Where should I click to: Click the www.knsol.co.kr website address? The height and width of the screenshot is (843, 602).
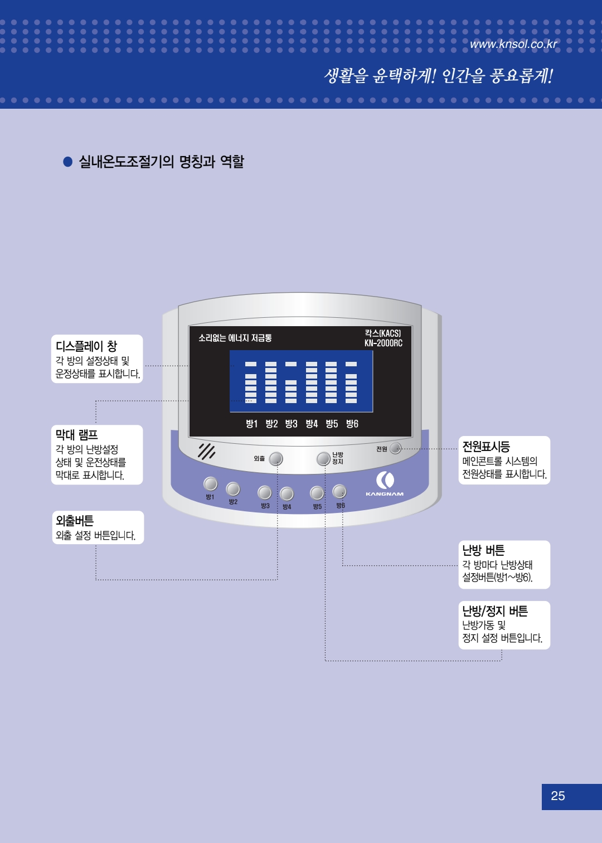513,44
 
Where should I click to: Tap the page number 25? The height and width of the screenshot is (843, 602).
558,796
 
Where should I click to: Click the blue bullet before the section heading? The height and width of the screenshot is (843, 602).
68,162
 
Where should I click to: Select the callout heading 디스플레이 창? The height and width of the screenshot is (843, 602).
86,346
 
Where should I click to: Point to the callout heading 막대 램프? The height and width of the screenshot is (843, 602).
77,434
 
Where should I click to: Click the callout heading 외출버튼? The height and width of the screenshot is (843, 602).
75,521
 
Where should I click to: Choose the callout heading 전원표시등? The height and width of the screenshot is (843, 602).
486,447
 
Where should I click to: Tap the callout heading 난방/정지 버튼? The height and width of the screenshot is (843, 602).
495,611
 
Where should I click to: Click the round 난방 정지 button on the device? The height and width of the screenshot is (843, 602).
323,458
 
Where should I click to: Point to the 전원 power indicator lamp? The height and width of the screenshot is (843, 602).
395,448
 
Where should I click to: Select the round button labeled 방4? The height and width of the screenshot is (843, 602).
287,493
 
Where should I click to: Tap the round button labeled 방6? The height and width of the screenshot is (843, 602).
339,491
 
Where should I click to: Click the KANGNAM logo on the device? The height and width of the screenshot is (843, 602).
385,483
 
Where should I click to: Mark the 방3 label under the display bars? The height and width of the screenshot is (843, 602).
291,424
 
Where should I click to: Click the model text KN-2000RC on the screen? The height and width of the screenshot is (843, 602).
383,343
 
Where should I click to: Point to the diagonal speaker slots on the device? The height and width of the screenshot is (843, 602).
206,451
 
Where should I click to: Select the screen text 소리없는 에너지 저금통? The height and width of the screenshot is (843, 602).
235,338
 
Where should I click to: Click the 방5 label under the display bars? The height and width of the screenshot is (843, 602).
332,424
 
